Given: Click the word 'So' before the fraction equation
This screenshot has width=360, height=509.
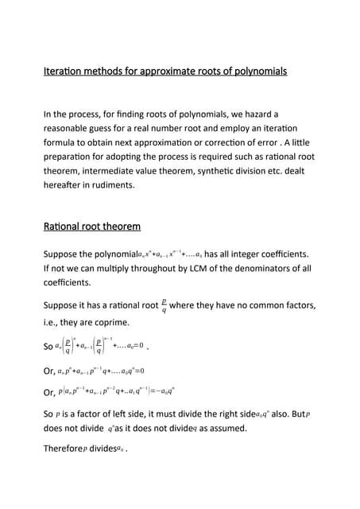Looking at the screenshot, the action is point(48,348).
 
